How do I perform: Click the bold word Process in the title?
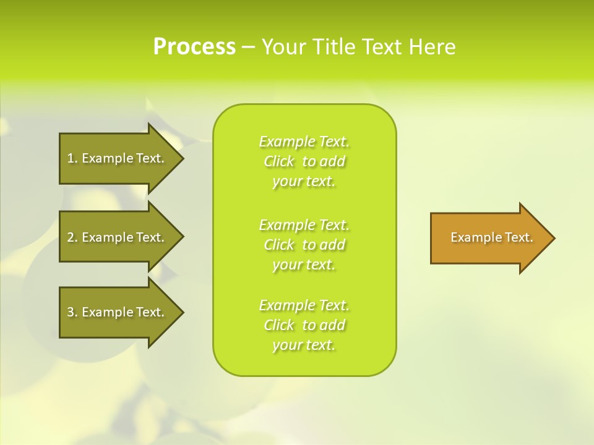194,47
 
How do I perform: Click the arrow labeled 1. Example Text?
118,158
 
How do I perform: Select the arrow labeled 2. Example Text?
118,237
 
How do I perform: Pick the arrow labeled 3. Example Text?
118,312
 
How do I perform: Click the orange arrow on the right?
489,238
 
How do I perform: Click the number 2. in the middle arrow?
72,237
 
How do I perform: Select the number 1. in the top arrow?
72,158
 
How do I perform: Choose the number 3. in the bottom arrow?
72,312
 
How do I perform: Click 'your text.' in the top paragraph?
304,182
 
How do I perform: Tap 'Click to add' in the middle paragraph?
304,245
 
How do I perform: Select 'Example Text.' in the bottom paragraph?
304,305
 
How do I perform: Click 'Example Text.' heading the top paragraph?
304,142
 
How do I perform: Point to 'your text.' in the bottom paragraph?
304,345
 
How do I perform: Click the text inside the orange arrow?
491,237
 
